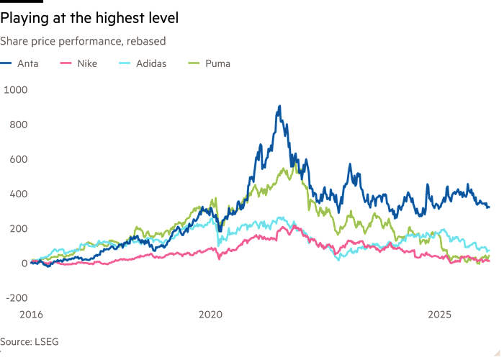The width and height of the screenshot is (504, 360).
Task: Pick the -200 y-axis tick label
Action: coord(15,297)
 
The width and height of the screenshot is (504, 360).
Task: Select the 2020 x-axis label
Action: coord(210,314)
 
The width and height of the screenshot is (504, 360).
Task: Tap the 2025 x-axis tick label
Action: coord(439,314)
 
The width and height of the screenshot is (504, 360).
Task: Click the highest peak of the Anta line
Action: coord(279,107)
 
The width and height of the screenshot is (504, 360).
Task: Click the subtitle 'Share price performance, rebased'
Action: coord(84,41)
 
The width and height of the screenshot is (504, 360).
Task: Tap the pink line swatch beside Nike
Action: coord(66,63)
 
